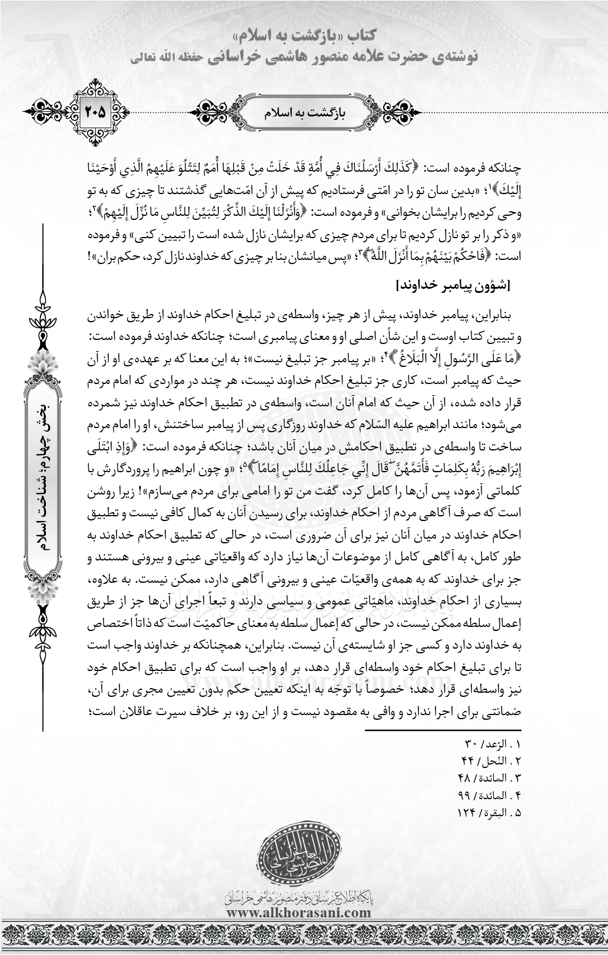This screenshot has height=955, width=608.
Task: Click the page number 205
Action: [x=95, y=111]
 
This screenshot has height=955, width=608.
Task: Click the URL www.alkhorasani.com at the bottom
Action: [x=298, y=913]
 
